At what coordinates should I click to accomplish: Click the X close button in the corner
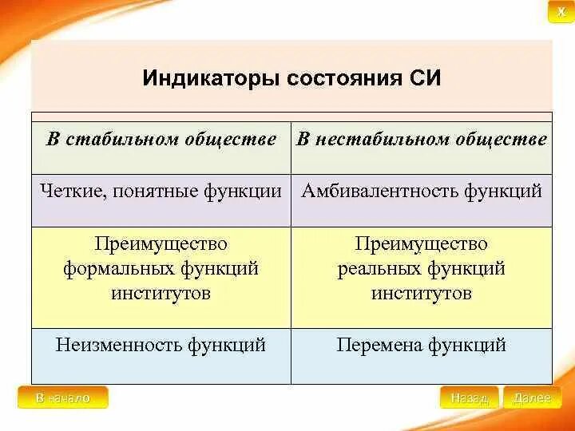(x=561, y=12)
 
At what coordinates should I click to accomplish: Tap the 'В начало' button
(x=62, y=397)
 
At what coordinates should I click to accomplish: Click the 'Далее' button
(x=532, y=397)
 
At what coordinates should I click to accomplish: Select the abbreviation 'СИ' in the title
(x=423, y=79)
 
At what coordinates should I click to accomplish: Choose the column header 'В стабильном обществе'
(x=161, y=140)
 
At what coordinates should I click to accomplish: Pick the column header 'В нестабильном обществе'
(x=422, y=140)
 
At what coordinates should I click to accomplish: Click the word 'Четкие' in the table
(x=71, y=191)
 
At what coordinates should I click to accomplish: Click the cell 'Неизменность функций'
(x=161, y=345)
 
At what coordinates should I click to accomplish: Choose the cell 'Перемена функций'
(x=421, y=345)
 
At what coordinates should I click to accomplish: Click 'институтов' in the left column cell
(x=161, y=293)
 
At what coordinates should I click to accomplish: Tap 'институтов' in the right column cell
(x=421, y=293)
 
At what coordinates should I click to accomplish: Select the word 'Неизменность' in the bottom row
(x=119, y=345)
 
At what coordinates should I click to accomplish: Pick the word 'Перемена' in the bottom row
(x=379, y=345)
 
